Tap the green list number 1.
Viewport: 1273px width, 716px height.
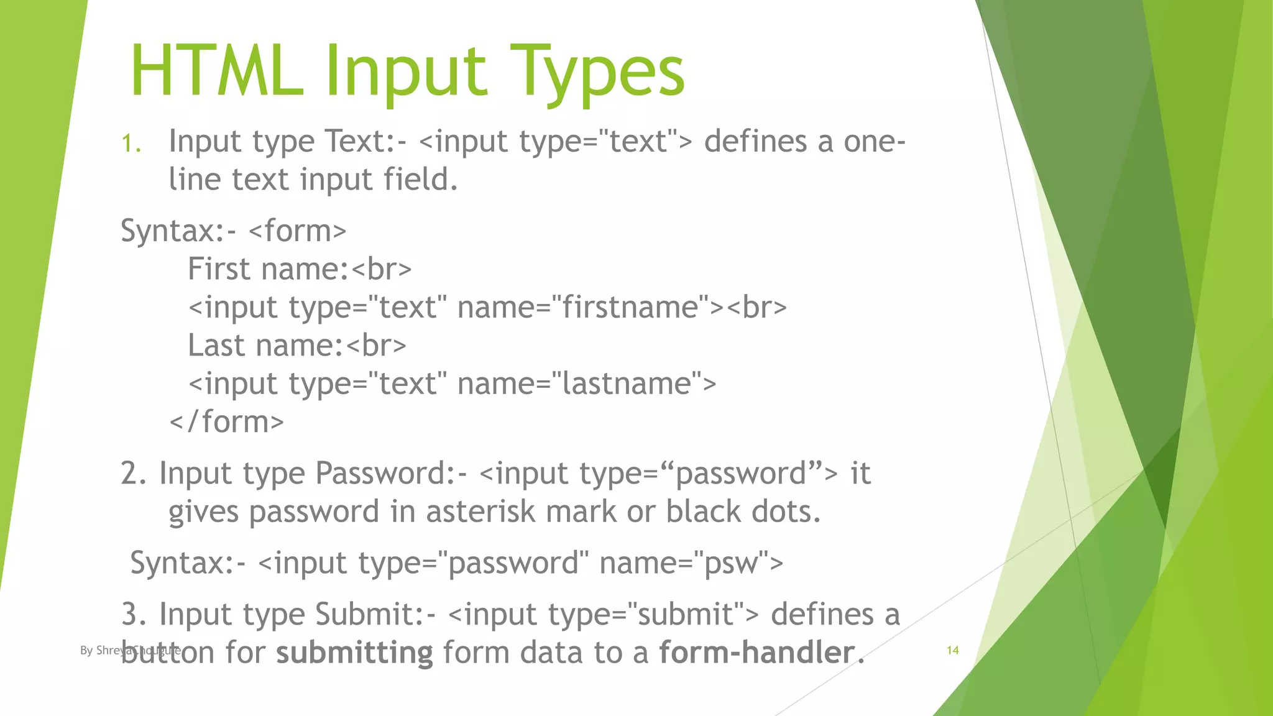[x=131, y=144]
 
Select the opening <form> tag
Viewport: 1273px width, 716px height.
[x=297, y=231]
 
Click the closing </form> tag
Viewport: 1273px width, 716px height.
[x=227, y=422]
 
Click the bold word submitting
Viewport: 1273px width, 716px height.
[x=354, y=653]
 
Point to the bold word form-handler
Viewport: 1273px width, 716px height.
[x=757, y=653]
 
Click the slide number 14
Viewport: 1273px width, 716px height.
[x=952, y=650]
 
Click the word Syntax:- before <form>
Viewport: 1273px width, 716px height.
[x=178, y=231]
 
